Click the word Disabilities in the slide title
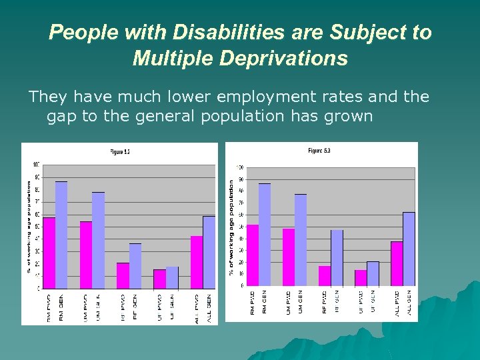[x=208, y=32]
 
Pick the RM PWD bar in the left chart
[x=49, y=253]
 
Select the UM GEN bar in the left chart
[x=99, y=241]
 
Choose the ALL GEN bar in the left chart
[x=209, y=253]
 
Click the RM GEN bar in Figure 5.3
[x=265, y=234]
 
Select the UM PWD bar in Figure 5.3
[x=289, y=257]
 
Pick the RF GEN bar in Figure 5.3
[x=337, y=257]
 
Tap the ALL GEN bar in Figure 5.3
[x=409, y=249]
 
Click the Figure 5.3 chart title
[x=319, y=151]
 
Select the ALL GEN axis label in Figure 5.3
[x=409, y=303]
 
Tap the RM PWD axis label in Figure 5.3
[x=253, y=303]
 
